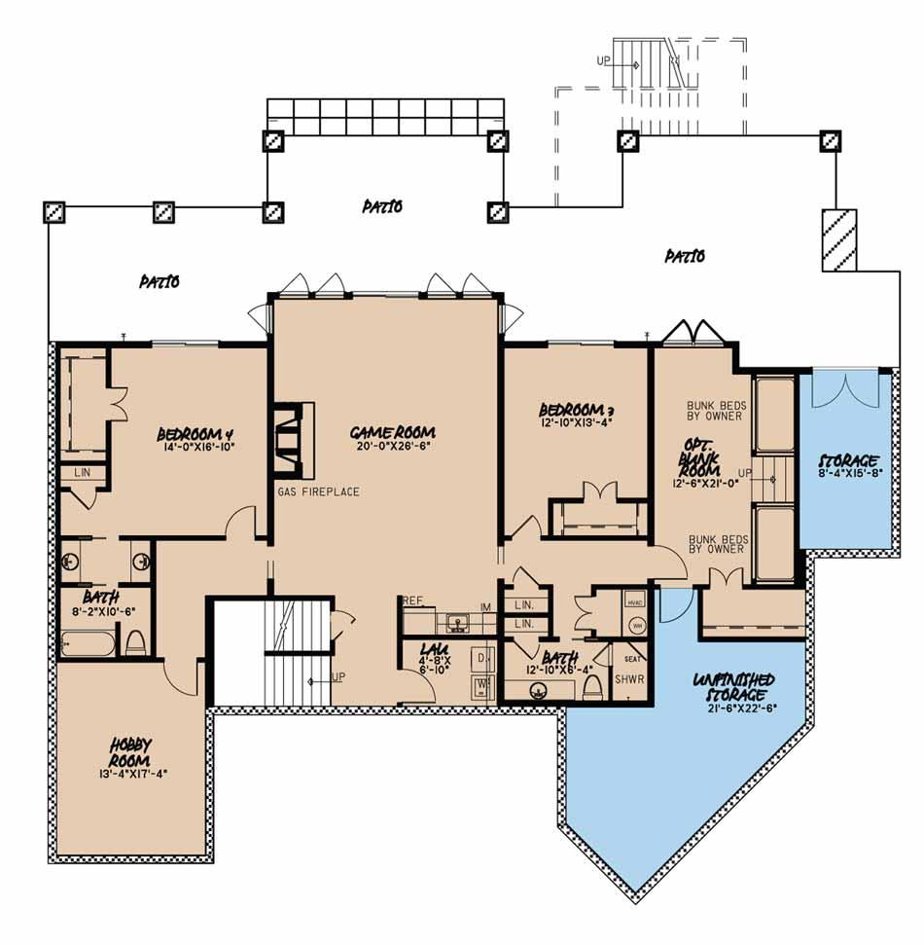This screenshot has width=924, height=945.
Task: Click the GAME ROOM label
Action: coord(394,431)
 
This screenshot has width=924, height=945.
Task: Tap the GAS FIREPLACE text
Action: coord(318,491)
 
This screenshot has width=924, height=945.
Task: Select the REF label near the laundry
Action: coord(411,601)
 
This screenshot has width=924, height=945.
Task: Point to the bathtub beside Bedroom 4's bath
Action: coord(86,642)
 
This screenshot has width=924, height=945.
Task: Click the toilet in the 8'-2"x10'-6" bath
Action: coord(136,642)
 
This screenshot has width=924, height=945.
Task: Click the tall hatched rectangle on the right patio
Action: coord(837,239)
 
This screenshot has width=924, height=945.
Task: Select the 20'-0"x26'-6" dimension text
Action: coord(394,448)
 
